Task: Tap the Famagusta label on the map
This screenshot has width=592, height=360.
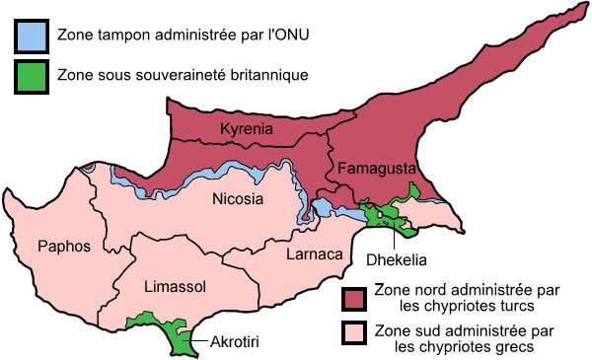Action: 372,169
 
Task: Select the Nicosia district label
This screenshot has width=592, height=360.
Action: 238,199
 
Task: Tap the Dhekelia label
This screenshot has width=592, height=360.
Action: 397,261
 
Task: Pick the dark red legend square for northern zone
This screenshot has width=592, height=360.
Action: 353,297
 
